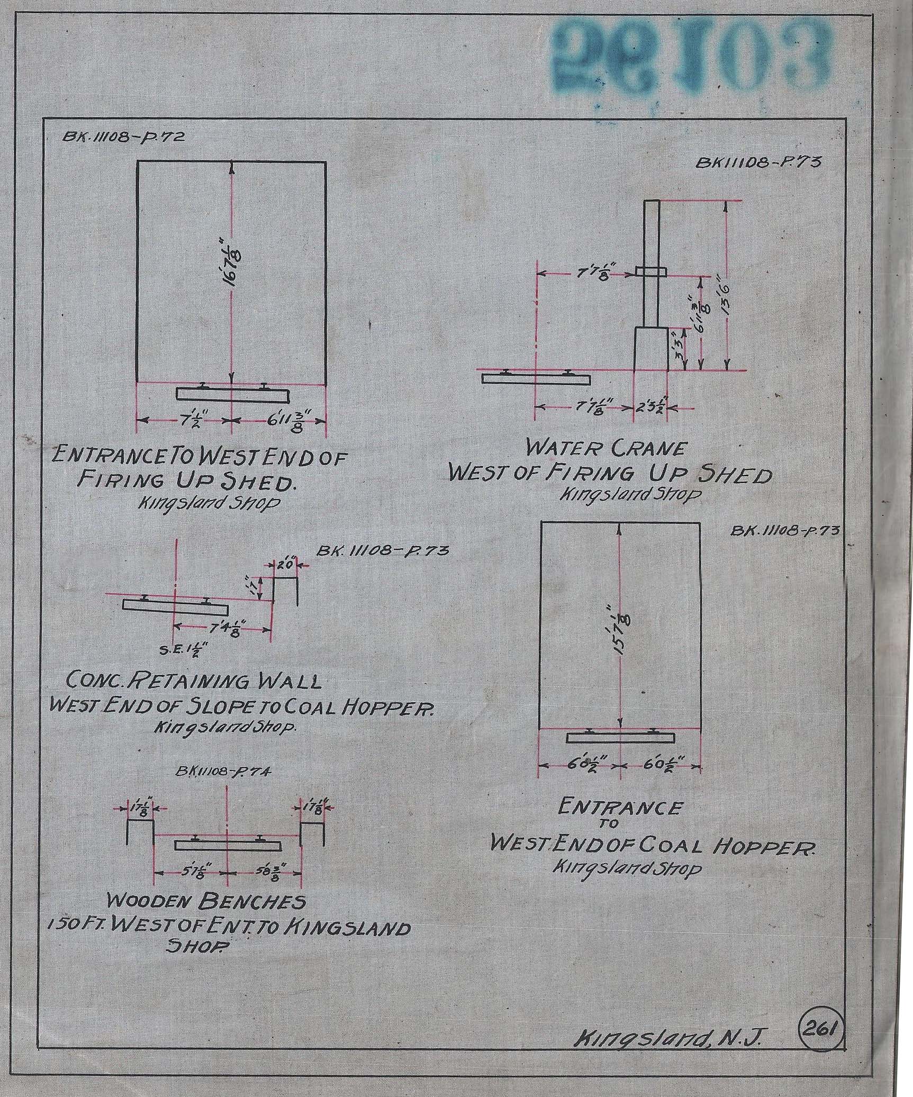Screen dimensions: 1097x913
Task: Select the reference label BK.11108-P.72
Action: point(123,137)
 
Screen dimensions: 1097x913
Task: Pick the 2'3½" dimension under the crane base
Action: point(650,408)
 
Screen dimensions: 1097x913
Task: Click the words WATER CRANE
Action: point(605,449)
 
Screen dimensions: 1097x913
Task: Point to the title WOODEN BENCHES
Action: point(206,901)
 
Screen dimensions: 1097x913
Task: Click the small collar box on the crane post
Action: point(651,272)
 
